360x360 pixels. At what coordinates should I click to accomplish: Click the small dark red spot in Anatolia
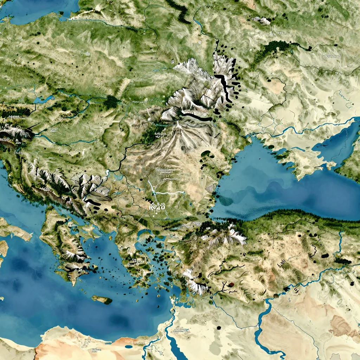click(231, 284)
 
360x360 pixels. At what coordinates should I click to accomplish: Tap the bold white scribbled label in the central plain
click(157, 206)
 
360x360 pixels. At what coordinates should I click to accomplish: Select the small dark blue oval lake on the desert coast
click(129, 347)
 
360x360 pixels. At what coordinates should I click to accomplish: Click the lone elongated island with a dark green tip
click(102, 300)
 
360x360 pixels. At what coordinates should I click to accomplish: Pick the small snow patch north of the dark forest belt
click(262, 21)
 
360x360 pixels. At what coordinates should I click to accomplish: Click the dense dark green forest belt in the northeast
click(274, 47)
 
